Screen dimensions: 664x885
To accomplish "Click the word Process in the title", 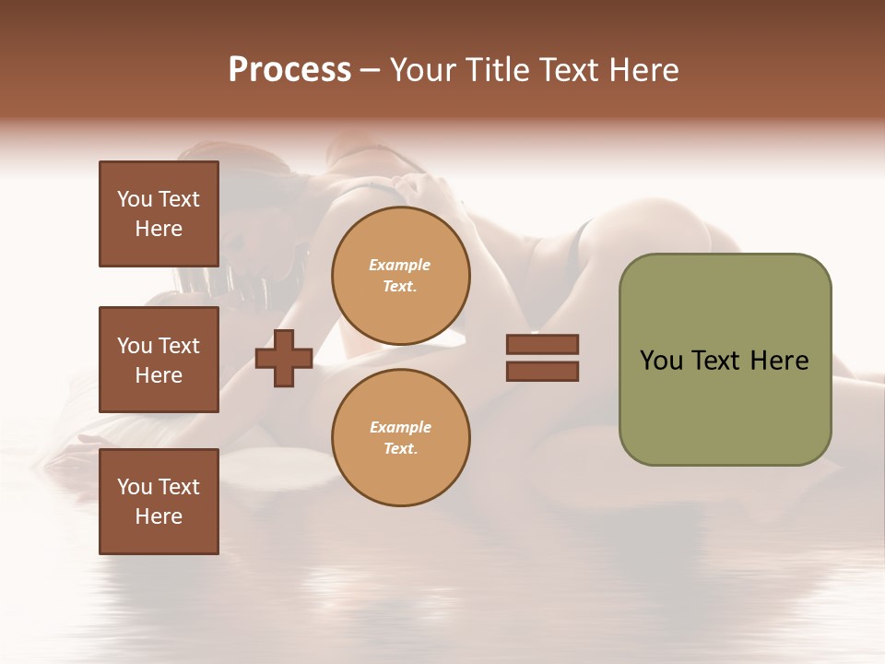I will click(x=289, y=70).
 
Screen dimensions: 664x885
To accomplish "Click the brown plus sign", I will click(x=284, y=358).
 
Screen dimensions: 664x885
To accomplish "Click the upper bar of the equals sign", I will click(x=542, y=344).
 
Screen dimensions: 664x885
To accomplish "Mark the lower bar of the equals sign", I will click(x=542, y=371).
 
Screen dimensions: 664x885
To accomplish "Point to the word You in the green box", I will click(x=661, y=361).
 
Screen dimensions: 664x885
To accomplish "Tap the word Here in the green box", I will click(x=779, y=361).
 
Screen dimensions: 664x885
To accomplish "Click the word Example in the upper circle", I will click(x=400, y=265).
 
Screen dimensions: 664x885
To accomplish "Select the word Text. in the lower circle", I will click(x=400, y=448).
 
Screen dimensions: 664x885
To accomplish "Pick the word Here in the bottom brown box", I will click(x=159, y=516).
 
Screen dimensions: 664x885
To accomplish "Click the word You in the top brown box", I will click(x=133, y=199).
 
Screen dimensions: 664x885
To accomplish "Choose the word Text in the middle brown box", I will click(x=179, y=346).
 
